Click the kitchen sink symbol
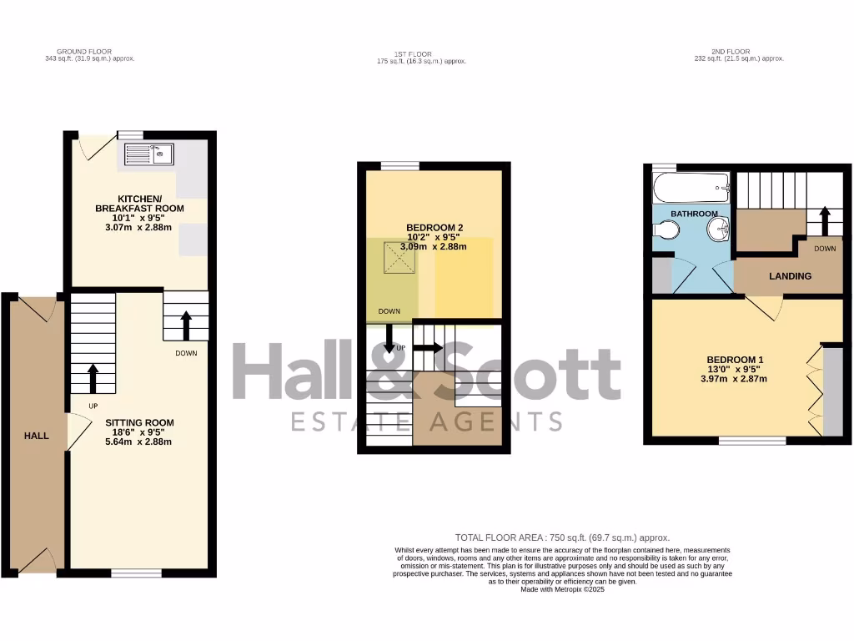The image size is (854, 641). point(148,154)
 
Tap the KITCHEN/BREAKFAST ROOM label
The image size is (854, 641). point(139,203)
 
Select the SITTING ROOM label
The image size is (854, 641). point(139,423)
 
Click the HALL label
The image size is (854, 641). point(36,435)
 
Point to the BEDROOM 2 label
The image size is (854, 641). point(434,228)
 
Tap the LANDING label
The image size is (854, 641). point(790,276)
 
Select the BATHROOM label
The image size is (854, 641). point(694,214)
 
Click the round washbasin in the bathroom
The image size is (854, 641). point(718,230)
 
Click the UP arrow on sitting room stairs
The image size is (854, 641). point(92,377)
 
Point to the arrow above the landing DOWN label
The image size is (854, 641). point(825,222)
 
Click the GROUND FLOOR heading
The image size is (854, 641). point(89,52)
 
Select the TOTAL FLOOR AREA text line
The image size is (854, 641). point(562,538)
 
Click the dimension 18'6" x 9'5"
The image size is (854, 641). point(139,433)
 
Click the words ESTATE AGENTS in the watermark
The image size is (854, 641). point(426,421)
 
